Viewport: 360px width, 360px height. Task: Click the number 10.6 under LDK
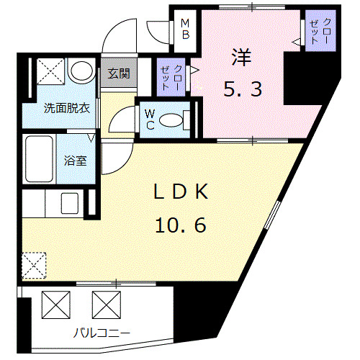pos(180,225)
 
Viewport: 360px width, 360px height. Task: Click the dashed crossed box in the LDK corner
pos(34,264)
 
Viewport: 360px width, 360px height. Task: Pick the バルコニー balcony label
pos(102,333)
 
